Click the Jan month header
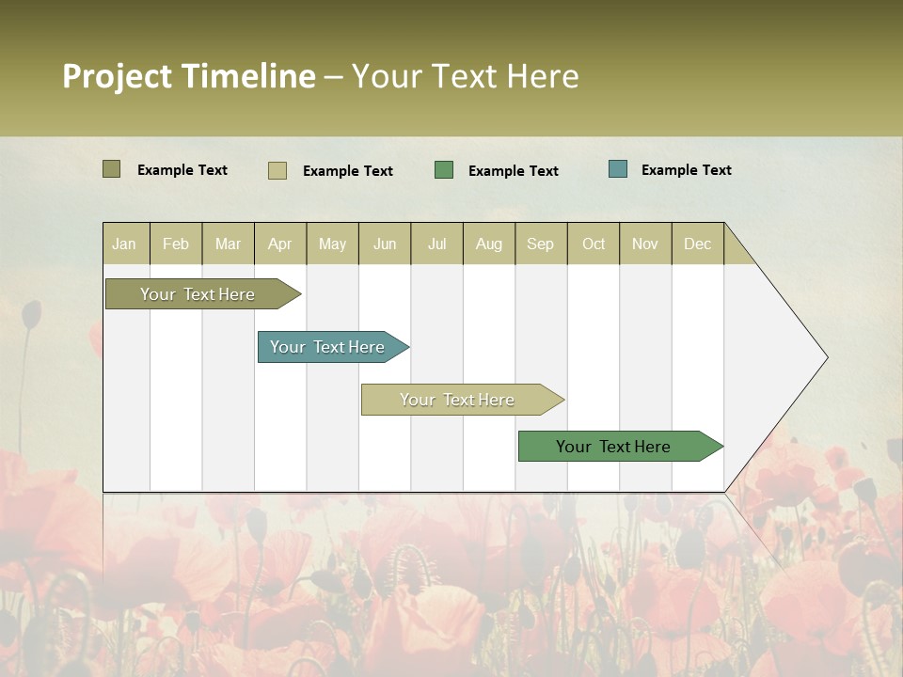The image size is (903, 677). [125, 244]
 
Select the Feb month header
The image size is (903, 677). [176, 244]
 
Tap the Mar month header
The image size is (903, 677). [228, 244]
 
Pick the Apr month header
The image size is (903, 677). [280, 244]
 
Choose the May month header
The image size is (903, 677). [332, 244]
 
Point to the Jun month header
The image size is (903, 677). [385, 244]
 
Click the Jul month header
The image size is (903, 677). [436, 244]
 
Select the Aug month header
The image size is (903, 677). [489, 244]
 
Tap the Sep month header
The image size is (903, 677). [541, 244]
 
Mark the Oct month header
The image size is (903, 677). [594, 244]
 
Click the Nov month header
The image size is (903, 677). [645, 244]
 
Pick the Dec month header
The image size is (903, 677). [698, 244]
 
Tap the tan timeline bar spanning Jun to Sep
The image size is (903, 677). [458, 400]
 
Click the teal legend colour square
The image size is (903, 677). [618, 169]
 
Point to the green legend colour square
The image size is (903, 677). [444, 170]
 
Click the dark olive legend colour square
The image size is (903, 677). [112, 169]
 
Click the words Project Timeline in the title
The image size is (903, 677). [189, 76]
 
